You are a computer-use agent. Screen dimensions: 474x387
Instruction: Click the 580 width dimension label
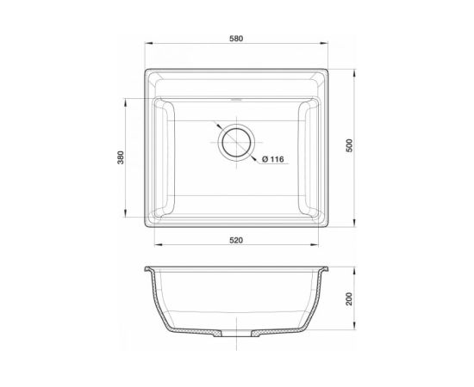pos(236,39)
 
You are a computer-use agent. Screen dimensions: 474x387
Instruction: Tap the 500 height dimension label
pos(349,145)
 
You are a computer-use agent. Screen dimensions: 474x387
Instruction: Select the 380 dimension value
pos(121,157)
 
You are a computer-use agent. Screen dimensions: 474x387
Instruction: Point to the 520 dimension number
pos(236,241)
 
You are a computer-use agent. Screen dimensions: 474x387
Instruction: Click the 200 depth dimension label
pos(349,298)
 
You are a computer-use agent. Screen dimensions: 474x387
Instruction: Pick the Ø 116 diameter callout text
pos(273,159)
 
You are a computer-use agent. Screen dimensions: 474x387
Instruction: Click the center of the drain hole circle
pos(236,142)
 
